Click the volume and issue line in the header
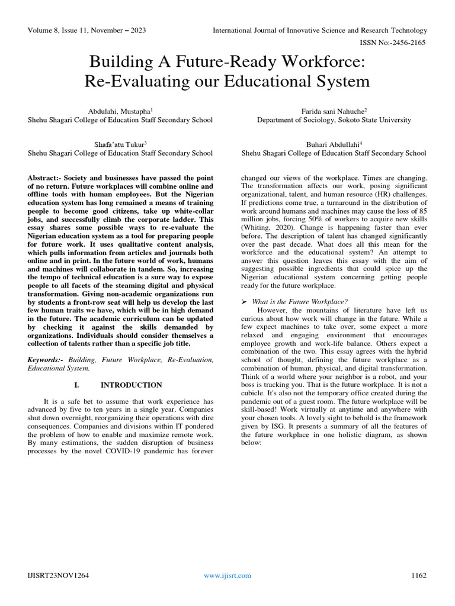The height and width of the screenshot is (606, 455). [87, 30]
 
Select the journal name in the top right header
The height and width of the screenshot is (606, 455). [320, 30]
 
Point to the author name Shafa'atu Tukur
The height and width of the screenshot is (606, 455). [120, 144]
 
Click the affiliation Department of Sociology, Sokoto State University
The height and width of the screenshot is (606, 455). [334, 120]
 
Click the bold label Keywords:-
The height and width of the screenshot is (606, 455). [46, 360]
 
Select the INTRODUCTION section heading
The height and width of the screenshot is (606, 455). [131, 385]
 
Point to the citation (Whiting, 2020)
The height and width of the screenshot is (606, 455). [265, 227]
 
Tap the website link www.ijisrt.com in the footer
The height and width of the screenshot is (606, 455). [227, 575]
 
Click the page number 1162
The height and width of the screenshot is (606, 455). [418, 575]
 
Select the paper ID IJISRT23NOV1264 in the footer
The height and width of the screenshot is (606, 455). [59, 575]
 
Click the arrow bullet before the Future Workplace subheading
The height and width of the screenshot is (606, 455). [245, 301]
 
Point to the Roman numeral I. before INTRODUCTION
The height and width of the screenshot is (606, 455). [76, 385]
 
